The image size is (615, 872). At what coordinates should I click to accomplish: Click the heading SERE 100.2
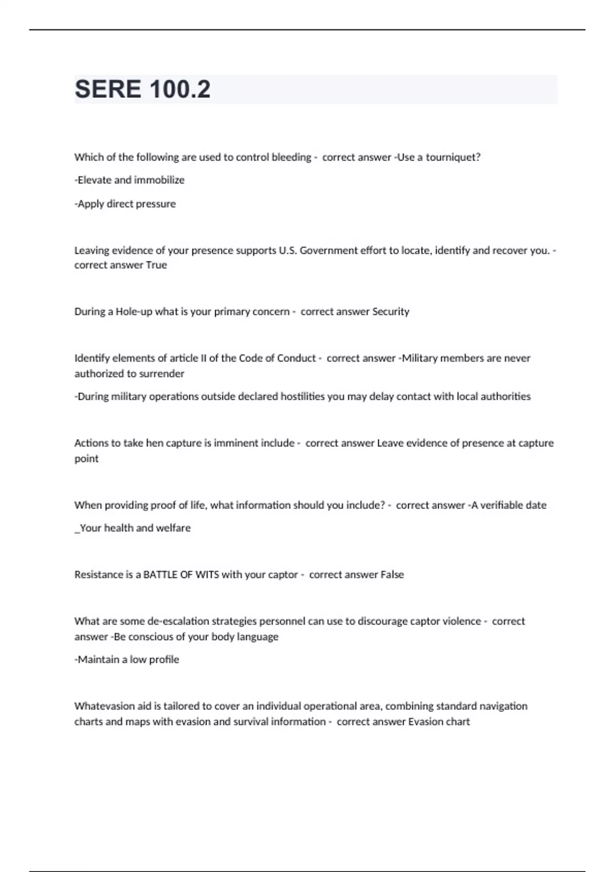(142, 89)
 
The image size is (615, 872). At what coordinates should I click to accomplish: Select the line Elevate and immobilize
(130, 180)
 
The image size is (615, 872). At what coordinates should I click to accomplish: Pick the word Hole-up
(134, 311)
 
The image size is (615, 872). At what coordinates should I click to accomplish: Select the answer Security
(391, 311)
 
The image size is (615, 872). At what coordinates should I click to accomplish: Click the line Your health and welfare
(133, 528)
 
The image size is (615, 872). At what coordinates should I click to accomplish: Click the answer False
(392, 574)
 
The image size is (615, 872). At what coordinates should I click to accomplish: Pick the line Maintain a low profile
(127, 660)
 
